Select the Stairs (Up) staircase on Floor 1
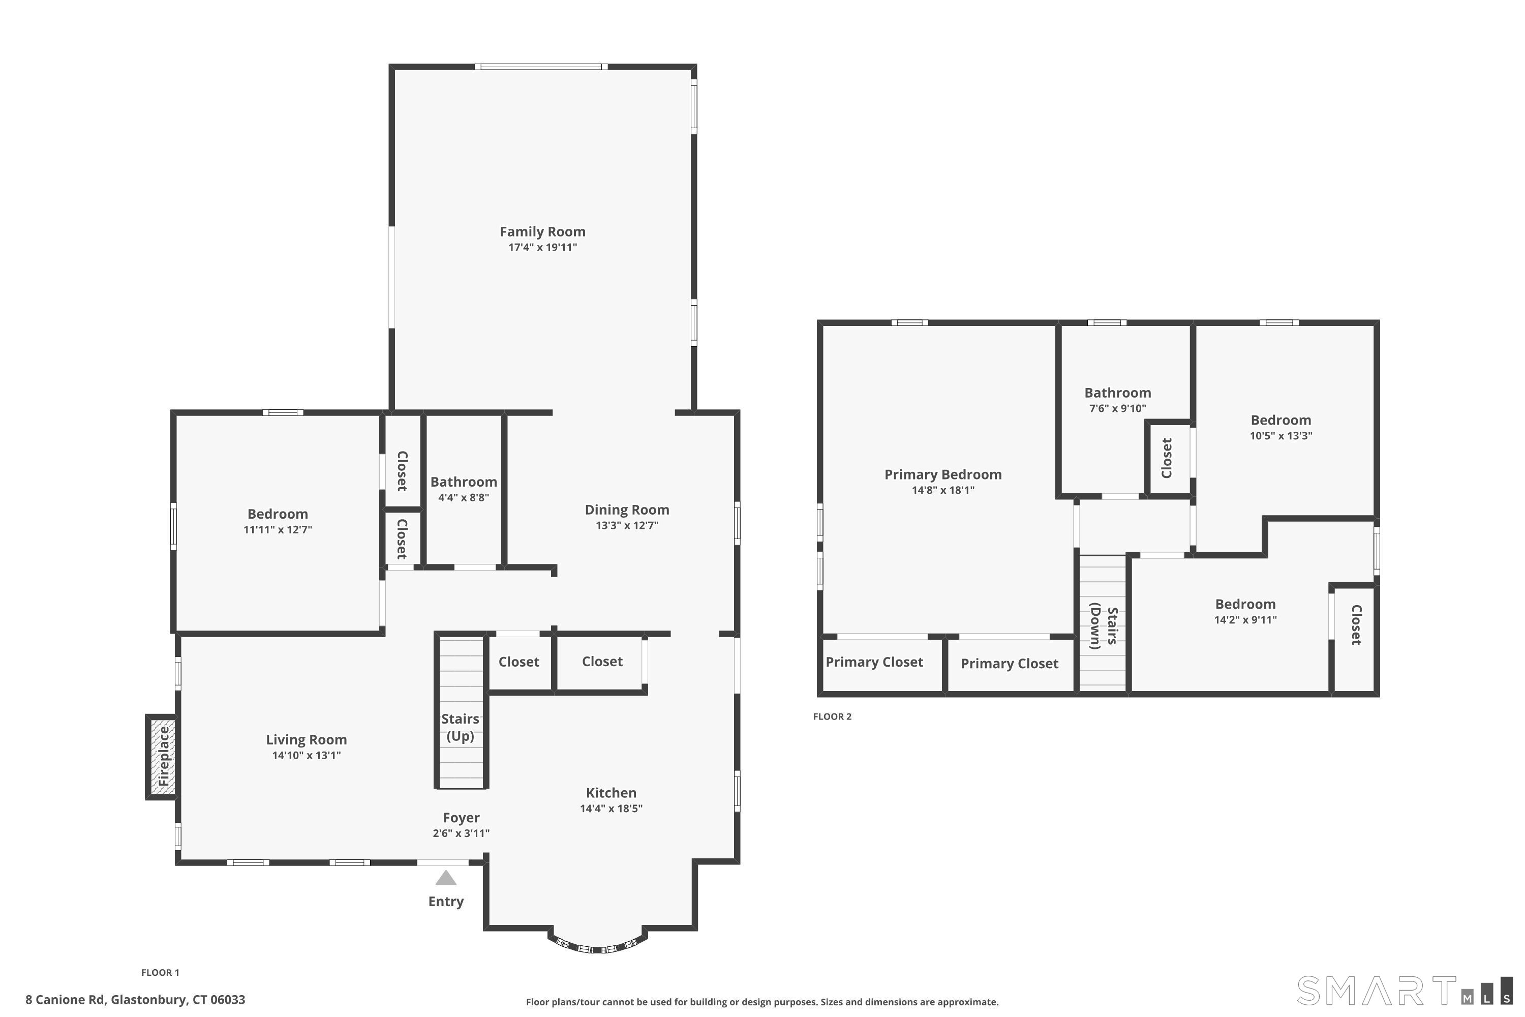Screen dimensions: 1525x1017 tap(461, 711)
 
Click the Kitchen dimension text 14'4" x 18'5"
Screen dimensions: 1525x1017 tap(611, 808)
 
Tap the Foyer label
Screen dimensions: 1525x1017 tap(461, 818)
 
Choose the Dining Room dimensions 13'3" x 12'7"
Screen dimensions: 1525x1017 tap(627, 525)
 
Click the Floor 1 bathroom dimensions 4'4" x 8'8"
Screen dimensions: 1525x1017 tap(464, 497)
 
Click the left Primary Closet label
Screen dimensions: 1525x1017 tap(874, 662)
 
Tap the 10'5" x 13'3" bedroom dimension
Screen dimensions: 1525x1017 tap(1280, 436)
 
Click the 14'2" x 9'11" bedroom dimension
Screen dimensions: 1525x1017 tap(1245, 619)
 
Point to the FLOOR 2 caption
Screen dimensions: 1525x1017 tap(832, 716)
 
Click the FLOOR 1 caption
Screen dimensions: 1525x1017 tap(160, 973)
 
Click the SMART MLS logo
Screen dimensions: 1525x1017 tap(1405, 991)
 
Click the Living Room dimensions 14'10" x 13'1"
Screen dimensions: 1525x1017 tap(306, 755)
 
